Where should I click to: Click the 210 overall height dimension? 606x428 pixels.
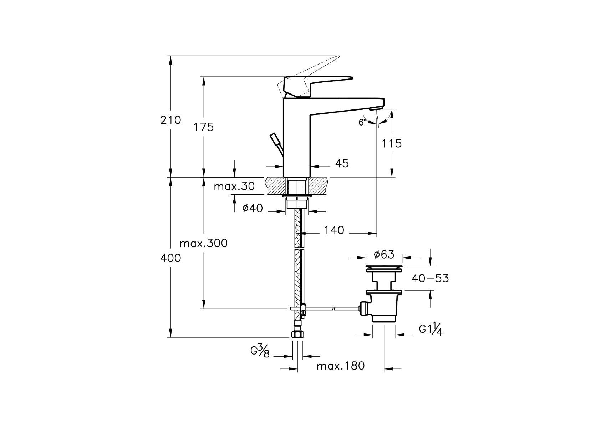(170, 120)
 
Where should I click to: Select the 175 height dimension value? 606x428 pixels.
(204, 127)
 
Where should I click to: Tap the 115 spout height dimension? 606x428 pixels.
(391, 143)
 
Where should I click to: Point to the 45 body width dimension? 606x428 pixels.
(342, 163)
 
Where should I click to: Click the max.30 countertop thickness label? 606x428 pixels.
(234, 186)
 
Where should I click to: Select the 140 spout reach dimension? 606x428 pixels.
(334, 230)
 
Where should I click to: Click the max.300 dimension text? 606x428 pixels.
(203, 243)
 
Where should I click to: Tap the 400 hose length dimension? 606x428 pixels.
(170, 258)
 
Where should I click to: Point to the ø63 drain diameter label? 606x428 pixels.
(384, 255)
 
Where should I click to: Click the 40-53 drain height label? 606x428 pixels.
(430, 279)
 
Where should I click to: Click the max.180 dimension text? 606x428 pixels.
(341, 366)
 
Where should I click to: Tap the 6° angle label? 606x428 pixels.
(362, 122)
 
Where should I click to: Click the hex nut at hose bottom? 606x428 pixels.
(297, 334)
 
